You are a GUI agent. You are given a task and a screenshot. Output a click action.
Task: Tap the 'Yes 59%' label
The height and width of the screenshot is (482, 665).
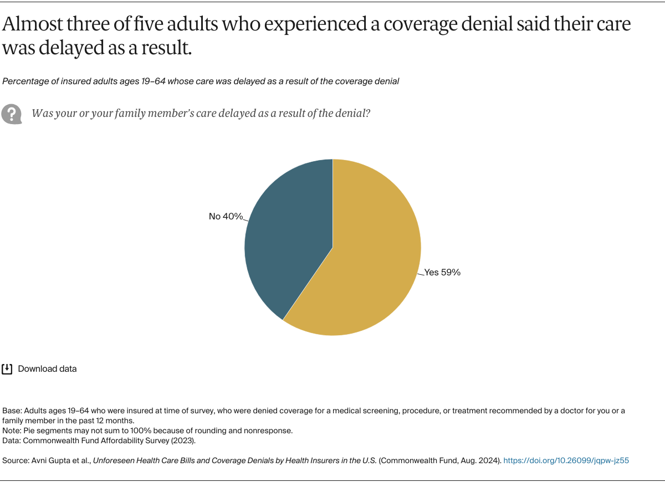442,273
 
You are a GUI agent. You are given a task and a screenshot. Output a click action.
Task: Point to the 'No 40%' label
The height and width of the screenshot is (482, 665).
226,217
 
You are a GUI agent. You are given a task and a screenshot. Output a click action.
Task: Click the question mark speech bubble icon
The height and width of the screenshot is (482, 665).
11,114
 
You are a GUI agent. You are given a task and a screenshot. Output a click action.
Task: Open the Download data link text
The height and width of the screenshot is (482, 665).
47,369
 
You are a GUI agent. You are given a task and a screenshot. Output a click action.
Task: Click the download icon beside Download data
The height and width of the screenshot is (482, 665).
7,369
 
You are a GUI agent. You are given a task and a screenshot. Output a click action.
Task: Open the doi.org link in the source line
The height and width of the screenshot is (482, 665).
566,460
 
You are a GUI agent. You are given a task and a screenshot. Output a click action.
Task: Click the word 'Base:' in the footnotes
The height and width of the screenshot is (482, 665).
12,411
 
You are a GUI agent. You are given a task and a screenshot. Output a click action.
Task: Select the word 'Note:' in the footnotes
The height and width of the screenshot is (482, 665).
12,430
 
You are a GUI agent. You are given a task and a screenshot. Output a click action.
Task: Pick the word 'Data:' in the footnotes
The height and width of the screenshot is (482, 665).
12,441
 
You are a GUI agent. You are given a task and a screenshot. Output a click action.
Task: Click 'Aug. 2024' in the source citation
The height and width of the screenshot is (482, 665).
481,460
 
